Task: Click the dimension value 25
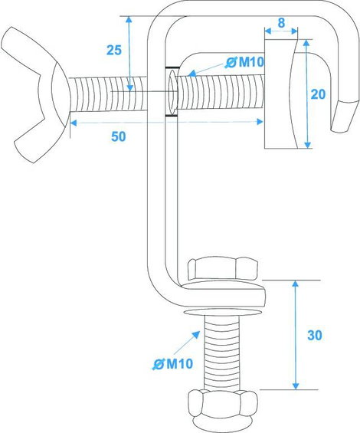pyautogui.click(x=114, y=50)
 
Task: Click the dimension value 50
pyautogui.click(x=119, y=136)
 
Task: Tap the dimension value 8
pyautogui.click(x=281, y=23)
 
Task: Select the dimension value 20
pyautogui.click(x=318, y=94)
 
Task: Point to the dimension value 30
pyautogui.click(x=315, y=335)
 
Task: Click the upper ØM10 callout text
pyautogui.click(x=244, y=62)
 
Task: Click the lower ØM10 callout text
pyautogui.click(x=173, y=364)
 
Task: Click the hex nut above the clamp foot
pyautogui.click(x=223, y=269)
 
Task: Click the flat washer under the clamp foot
pyautogui.click(x=223, y=312)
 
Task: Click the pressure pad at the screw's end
pyautogui.click(x=280, y=94)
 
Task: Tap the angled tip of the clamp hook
pyautogui.click(x=345, y=116)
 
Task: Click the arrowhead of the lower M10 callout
pyautogui.click(x=196, y=334)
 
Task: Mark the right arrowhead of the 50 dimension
pyautogui.click(x=260, y=122)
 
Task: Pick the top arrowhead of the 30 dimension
pyautogui.click(x=296, y=284)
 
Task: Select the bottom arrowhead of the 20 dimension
pyautogui.click(x=307, y=145)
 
